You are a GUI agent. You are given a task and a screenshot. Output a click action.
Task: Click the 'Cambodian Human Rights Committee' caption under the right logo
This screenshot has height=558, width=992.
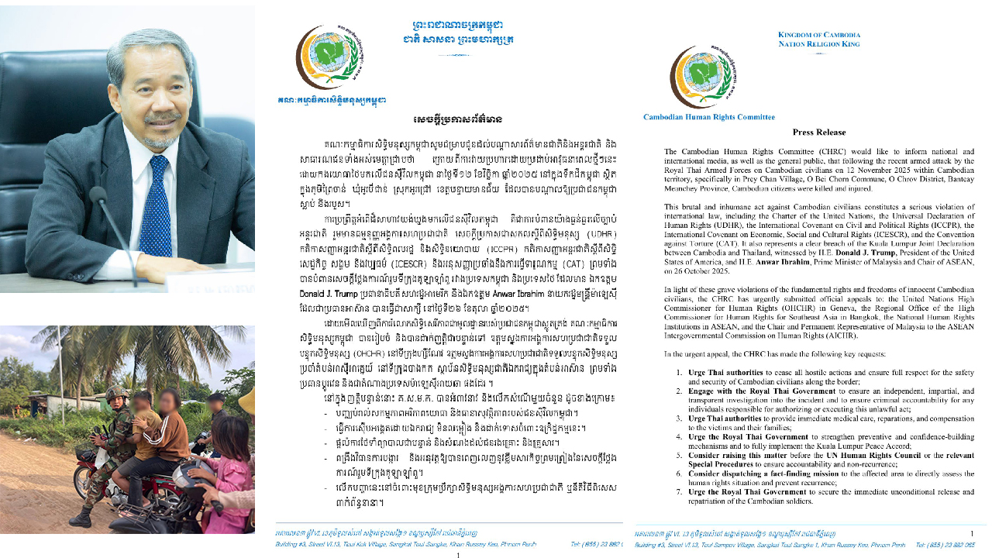click(x=708, y=117)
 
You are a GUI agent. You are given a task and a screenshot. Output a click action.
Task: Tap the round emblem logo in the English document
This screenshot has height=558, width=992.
click(x=704, y=76)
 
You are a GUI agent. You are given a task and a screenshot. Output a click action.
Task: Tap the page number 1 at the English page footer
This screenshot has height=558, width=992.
click(x=972, y=533)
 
